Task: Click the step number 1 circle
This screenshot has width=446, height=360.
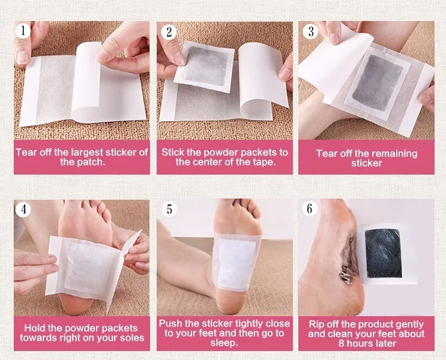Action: pyautogui.click(x=24, y=31)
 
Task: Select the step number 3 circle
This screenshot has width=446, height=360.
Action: pyautogui.click(x=310, y=31)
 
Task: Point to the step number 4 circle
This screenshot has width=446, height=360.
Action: pyautogui.click(x=24, y=209)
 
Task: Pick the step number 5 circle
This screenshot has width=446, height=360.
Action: pyautogui.click(x=169, y=209)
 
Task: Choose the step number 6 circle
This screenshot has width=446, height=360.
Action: pyautogui.click(x=310, y=209)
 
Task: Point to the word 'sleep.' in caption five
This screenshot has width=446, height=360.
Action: pyautogui.click(x=224, y=344)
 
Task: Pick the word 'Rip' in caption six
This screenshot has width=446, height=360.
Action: pyautogui.click(x=316, y=324)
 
